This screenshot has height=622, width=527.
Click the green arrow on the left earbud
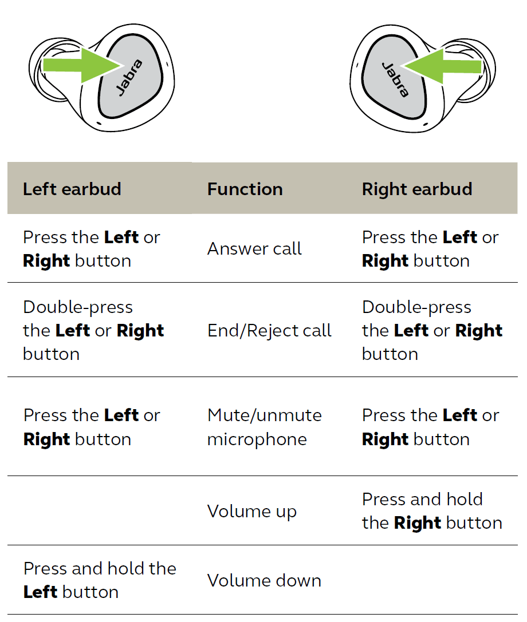[80, 64]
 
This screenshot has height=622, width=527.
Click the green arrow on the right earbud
[444, 66]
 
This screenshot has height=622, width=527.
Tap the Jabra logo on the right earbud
[395, 79]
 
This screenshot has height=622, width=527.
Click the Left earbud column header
[72, 189]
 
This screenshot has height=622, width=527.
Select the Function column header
[245, 189]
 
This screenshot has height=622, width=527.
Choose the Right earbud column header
[416, 189]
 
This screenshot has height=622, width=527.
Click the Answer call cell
[254, 249]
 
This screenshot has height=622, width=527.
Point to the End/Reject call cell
[269, 330]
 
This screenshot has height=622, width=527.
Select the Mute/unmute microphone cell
[264, 427]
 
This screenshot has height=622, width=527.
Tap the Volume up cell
[251, 511]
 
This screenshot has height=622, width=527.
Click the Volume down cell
[264, 580]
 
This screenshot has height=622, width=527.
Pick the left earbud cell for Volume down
[99, 580]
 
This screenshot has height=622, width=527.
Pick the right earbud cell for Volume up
[431, 510]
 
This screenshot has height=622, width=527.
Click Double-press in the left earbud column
[77, 307]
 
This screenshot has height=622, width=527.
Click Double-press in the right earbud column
[416, 307]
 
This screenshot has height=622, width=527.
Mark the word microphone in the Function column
[257, 439]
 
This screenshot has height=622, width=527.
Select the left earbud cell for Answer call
[91, 249]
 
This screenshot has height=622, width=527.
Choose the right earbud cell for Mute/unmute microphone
[430, 427]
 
